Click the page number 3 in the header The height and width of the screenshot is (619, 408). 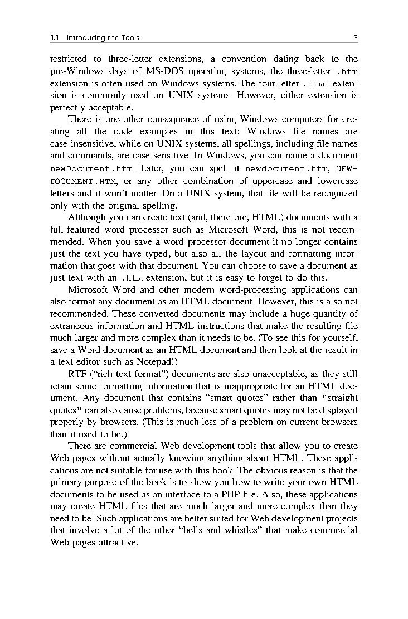(x=355, y=38)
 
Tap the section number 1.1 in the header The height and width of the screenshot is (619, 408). (x=55, y=38)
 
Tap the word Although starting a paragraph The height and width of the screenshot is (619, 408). (x=87, y=217)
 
